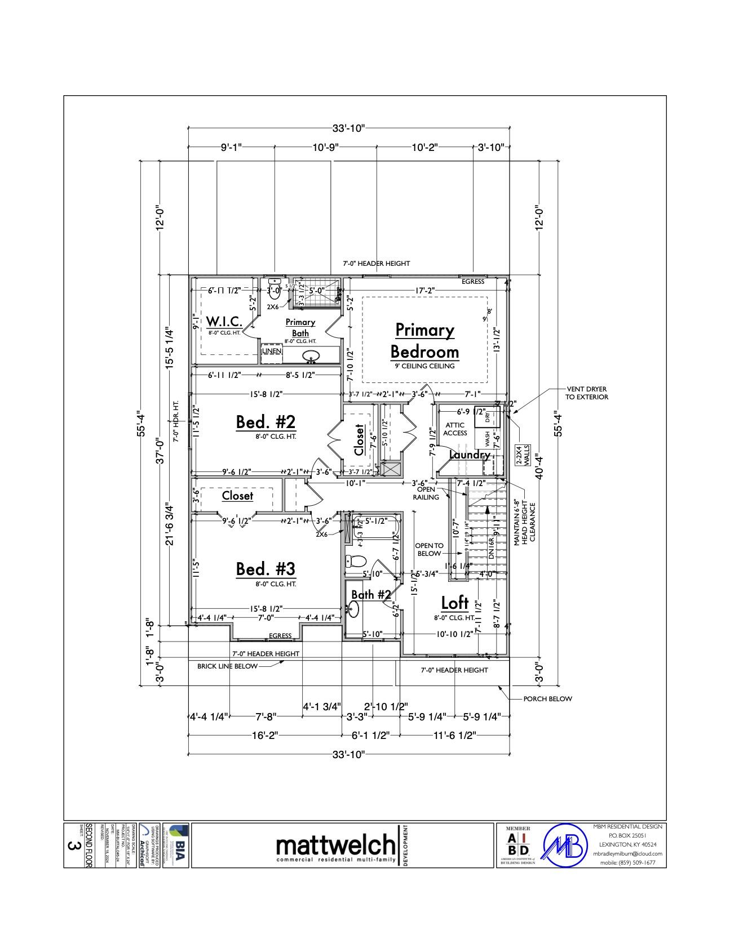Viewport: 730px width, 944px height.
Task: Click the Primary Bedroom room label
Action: pos(424,340)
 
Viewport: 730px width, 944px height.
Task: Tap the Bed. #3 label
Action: pos(265,568)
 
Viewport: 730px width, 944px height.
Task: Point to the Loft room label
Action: pos(454,603)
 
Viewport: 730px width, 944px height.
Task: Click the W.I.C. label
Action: pos(224,322)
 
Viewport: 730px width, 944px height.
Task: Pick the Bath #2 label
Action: pos(371,595)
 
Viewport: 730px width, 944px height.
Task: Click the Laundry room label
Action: pos(470,455)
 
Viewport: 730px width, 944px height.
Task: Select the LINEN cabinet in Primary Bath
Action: pos(272,351)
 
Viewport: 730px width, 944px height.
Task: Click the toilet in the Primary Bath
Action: pos(275,290)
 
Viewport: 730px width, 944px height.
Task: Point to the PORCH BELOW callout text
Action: pos(547,698)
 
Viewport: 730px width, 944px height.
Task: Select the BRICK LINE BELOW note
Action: pos(227,666)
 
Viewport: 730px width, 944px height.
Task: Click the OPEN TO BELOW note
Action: pos(429,549)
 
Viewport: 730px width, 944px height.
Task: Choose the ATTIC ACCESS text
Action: pos(455,429)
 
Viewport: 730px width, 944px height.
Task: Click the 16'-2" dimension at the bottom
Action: pos(265,735)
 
